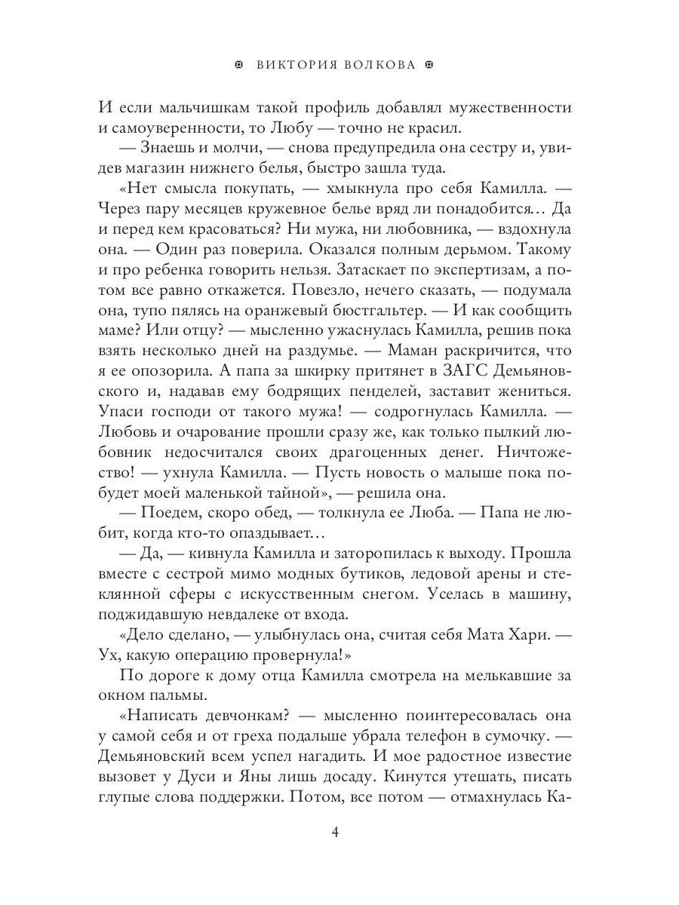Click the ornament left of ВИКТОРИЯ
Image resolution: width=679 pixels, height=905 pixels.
point(239,65)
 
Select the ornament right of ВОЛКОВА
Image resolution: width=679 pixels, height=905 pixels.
point(432,65)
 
